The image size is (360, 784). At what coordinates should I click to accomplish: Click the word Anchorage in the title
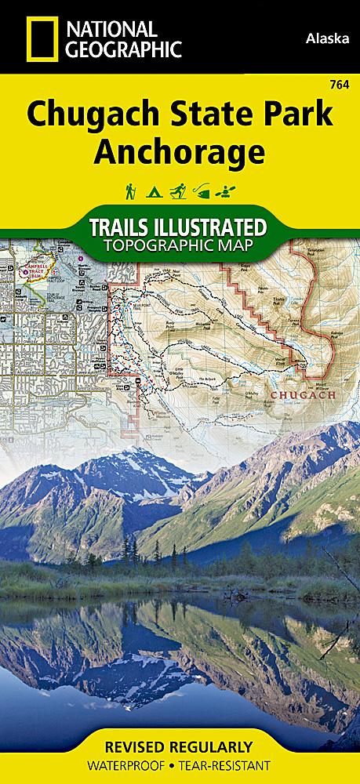180,151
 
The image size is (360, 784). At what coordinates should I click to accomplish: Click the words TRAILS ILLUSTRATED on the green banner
180,228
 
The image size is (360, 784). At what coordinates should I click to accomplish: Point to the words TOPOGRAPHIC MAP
180,248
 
